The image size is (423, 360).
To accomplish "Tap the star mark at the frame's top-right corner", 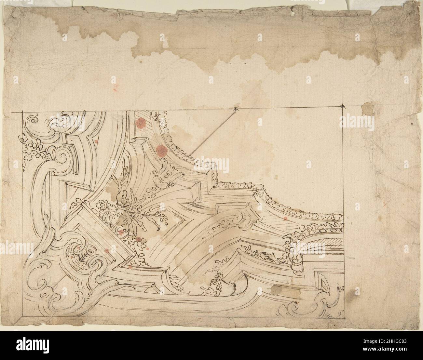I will (x=343, y=106).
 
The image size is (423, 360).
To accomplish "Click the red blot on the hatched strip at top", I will (x=141, y=123).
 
